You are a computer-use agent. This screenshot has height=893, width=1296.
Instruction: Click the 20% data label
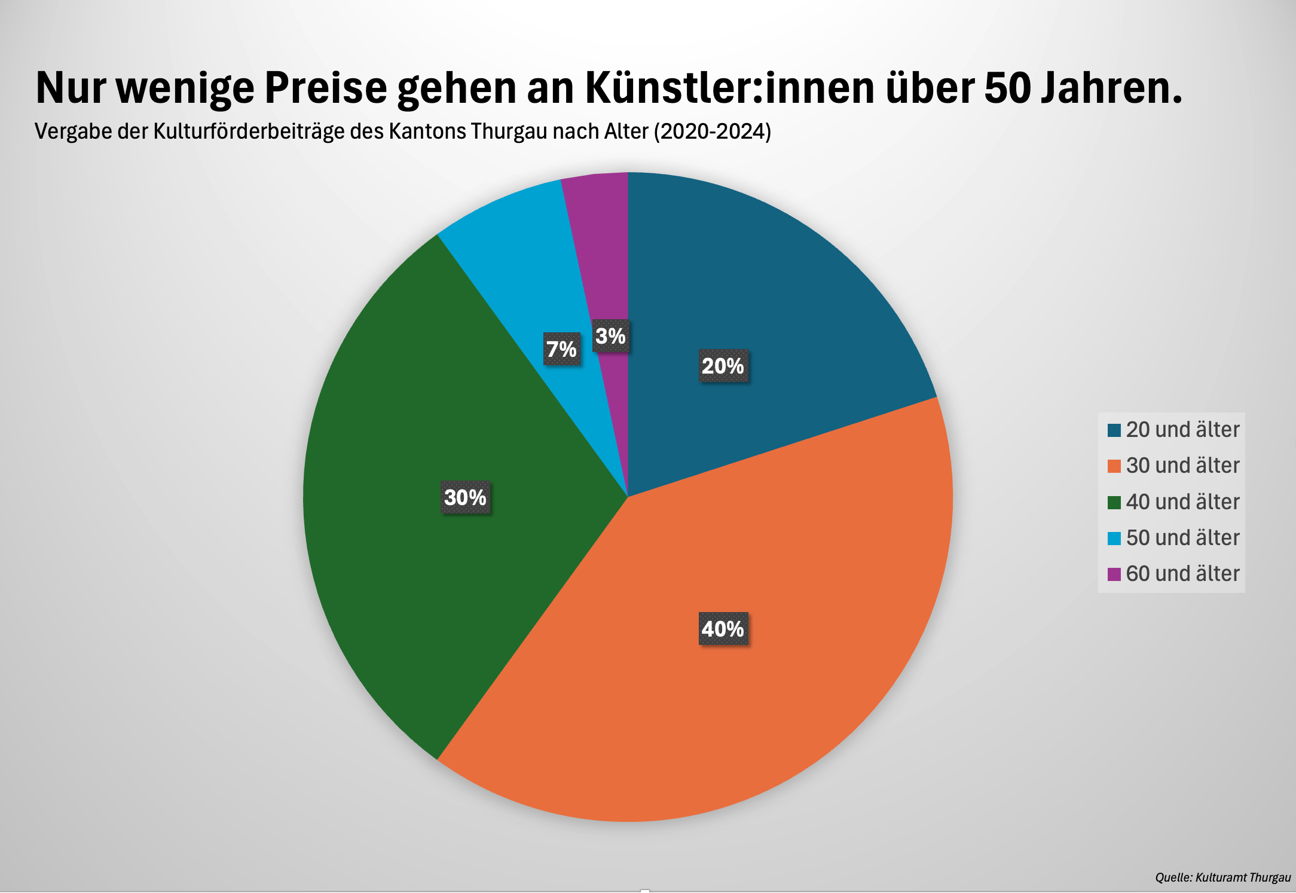click(723, 366)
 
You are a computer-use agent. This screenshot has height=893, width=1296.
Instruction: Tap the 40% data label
click(723, 629)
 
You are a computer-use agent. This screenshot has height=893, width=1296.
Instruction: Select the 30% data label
click(466, 497)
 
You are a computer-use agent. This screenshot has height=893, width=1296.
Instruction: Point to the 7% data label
click(562, 349)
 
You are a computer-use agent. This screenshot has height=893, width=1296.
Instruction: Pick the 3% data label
click(610, 336)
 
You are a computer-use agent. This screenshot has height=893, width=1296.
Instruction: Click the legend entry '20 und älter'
click(1173, 430)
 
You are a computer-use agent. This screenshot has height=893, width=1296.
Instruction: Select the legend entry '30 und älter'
click(1173, 466)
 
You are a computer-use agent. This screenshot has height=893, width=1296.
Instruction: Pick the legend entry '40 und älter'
click(1173, 502)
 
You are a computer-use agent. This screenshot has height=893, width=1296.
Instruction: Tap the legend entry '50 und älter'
click(1173, 538)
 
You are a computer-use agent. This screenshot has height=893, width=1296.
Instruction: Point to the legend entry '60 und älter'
click(1173, 574)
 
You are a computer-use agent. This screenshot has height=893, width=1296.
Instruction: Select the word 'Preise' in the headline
click(326, 88)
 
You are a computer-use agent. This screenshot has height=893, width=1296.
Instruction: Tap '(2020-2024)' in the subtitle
click(712, 131)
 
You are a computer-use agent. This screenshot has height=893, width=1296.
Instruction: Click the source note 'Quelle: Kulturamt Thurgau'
click(1222, 877)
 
